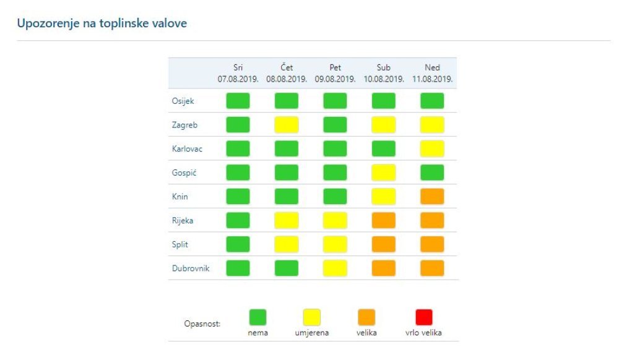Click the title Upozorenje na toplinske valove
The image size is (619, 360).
click(102, 24)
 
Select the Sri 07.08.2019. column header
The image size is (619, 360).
click(238, 73)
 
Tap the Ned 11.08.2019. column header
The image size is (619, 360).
click(432, 73)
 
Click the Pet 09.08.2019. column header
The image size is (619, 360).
click(335, 73)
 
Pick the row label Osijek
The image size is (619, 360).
click(183, 101)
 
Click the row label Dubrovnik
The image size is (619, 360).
click(191, 268)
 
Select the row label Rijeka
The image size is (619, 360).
click(183, 220)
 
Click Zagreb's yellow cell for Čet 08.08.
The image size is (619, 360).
click(287, 125)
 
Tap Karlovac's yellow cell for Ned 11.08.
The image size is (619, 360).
click(432, 148)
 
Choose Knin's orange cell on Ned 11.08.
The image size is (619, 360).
click(432, 196)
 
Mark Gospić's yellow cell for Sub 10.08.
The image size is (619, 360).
click(383, 173)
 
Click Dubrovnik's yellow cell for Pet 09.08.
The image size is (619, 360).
click(335, 268)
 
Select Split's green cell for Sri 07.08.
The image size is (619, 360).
click(238, 244)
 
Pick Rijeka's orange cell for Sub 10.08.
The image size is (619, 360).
click(383, 220)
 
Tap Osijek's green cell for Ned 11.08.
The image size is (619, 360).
click(432, 101)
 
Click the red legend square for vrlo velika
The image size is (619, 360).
click(424, 317)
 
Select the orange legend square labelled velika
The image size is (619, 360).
click(366, 317)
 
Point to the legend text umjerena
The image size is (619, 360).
click(312, 333)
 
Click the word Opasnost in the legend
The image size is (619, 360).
click(202, 324)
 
